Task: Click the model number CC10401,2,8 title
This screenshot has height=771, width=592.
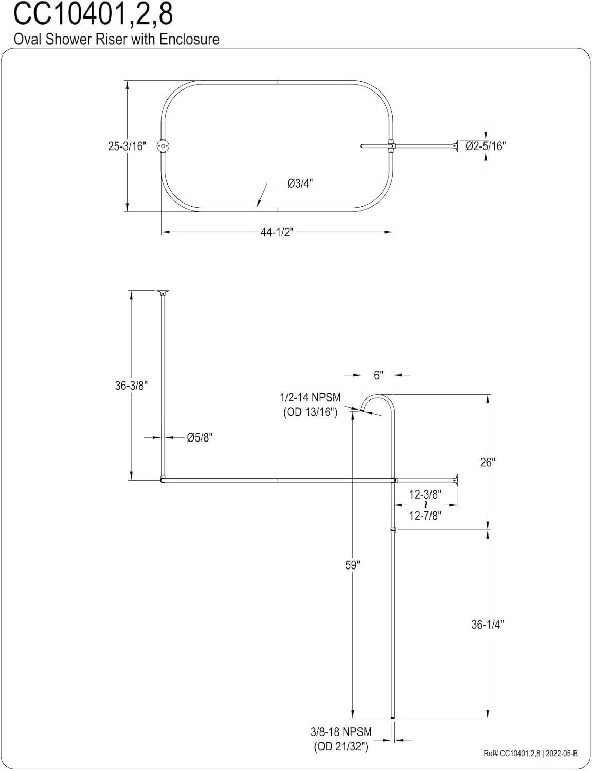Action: (x=93, y=15)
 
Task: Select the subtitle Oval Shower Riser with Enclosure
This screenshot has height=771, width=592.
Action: (x=116, y=40)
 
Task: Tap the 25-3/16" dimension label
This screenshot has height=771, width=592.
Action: (x=127, y=146)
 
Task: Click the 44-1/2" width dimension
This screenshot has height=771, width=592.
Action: (x=277, y=232)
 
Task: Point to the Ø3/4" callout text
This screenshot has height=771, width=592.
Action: (x=300, y=183)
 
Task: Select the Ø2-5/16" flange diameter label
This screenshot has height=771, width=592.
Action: (x=486, y=146)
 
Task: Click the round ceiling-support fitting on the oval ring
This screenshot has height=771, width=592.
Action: (x=163, y=146)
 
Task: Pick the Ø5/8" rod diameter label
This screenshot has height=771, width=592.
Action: (x=200, y=438)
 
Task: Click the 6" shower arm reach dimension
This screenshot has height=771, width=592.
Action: (x=379, y=376)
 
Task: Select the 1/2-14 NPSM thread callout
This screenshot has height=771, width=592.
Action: (x=310, y=398)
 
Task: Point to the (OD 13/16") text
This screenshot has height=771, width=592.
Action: (x=310, y=412)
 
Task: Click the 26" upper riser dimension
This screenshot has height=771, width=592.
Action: (x=487, y=462)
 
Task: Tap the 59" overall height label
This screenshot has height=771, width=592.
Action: (x=352, y=565)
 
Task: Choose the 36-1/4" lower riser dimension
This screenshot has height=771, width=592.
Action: (x=487, y=624)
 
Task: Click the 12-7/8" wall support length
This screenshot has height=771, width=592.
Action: (x=425, y=516)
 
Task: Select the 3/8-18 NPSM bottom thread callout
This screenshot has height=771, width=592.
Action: (x=341, y=731)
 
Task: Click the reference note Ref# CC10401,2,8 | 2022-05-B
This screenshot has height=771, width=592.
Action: (x=530, y=754)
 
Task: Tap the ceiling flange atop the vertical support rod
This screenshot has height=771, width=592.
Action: (x=163, y=293)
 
